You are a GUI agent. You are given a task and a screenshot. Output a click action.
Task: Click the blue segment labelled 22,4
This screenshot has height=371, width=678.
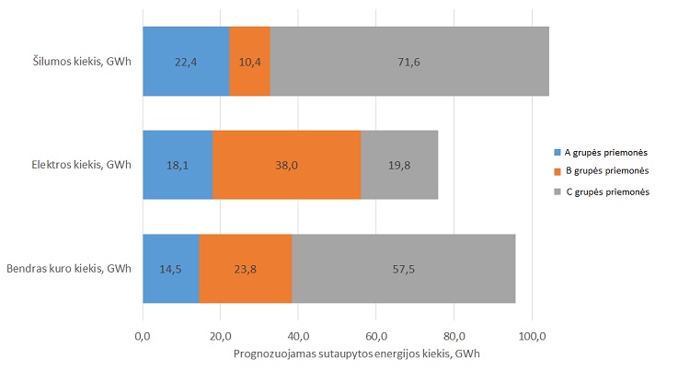(186, 61)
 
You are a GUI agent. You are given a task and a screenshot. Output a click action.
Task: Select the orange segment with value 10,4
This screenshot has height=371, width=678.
(250, 61)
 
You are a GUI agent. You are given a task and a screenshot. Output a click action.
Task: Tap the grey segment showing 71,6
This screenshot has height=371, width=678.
(409, 61)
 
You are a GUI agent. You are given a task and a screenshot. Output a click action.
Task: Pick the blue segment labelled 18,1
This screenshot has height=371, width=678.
(178, 165)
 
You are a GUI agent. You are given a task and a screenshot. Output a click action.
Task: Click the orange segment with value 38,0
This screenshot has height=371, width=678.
(287, 165)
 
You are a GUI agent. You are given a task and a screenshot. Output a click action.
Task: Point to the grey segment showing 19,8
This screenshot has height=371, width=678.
(399, 165)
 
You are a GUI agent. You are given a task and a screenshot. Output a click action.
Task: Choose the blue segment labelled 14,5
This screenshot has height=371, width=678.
(171, 269)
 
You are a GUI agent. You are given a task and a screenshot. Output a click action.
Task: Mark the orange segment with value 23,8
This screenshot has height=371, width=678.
(246, 269)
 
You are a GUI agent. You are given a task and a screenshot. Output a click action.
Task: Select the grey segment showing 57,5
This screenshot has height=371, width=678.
(404, 269)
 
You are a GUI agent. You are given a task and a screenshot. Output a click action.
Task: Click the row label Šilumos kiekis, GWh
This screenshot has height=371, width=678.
(82, 61)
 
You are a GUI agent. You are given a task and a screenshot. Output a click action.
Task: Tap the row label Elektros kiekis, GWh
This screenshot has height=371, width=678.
(81, 165)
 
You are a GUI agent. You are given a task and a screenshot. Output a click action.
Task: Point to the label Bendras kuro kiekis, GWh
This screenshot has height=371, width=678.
(69, 269)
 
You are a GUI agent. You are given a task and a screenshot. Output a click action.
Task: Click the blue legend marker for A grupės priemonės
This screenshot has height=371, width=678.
(557, 153)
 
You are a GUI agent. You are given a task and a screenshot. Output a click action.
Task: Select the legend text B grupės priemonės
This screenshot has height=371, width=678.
(607, 170)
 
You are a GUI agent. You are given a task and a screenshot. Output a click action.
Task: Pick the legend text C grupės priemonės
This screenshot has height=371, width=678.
(607, 191)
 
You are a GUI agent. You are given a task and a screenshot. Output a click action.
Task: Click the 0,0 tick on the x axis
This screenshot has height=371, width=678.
(143, 336)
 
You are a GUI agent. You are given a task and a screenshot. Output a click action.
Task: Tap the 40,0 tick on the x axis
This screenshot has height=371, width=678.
(298, 336)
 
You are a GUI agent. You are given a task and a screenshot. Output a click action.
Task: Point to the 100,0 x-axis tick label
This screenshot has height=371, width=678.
(533, 336)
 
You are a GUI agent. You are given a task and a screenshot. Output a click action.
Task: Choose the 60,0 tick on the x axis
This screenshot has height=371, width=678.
(376, 336)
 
